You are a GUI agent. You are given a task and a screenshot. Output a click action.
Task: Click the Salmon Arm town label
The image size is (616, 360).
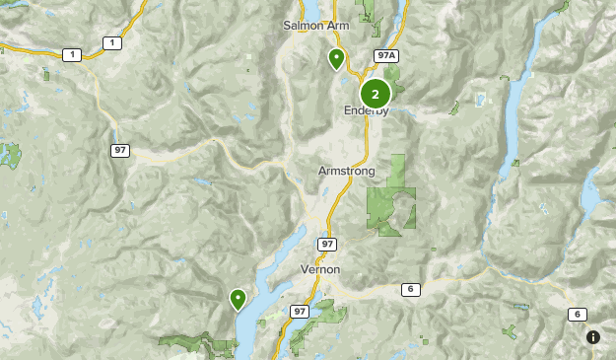point(315,25)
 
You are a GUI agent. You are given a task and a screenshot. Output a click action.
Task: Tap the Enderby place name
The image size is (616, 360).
point(368,110)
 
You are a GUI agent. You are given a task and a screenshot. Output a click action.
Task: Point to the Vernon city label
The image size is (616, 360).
point(320,269)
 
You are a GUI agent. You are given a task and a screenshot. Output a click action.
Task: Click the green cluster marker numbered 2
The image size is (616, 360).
point(376,94)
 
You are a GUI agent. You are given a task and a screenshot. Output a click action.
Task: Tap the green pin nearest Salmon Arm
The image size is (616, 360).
point(336,59)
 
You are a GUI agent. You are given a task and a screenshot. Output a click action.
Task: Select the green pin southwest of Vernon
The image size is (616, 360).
point(238,297)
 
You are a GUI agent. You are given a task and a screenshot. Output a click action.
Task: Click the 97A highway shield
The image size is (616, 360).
point(385,56)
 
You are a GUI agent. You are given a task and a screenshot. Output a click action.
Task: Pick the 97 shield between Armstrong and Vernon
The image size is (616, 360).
point(327,243)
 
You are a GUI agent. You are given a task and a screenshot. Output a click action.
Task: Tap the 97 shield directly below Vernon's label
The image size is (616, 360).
point(300,311)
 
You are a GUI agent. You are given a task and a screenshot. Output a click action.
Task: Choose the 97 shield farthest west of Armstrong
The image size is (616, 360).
point(120,150)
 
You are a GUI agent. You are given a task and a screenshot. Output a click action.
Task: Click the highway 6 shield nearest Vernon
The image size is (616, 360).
point(409,289)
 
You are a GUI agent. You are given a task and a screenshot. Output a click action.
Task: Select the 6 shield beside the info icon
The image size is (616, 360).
point(577,314)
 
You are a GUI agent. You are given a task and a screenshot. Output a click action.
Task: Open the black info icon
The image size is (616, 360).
point(593,337)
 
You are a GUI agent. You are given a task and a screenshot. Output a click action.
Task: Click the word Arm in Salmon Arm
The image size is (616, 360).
point(338,25)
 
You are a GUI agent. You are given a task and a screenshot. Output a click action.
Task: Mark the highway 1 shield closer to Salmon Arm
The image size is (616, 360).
point(111,43)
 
